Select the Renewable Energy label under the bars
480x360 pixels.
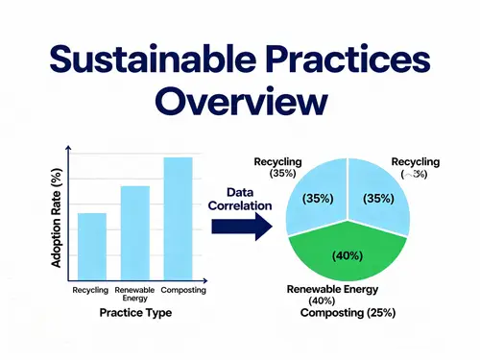coord(134,294)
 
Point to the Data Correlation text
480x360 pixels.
coord(234,198)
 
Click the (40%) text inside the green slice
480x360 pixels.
coord(348,256)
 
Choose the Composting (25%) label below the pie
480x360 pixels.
coord(348,313)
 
